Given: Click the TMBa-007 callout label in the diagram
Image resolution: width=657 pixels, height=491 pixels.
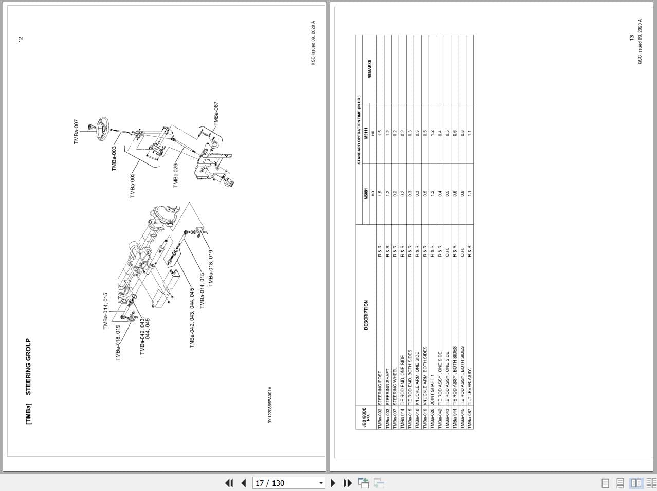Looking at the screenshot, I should [x=76, y=132].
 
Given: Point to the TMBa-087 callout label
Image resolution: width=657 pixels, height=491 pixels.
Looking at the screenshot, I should [x=216, y=114].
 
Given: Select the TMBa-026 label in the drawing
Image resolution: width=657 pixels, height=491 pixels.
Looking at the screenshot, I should [x=175, y=175].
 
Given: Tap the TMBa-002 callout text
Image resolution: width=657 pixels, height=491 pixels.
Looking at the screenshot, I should [x=132, y=186].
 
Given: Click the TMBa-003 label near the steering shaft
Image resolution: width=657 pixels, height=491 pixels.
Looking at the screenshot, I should [x=114, y=158].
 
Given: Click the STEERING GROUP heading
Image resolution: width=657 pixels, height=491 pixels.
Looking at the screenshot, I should [x=28, y=367].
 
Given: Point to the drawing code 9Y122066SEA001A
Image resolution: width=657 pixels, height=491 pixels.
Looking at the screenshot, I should [x=270, y=405].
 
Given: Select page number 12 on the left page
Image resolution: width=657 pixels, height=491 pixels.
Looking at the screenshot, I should [x=21, y=39].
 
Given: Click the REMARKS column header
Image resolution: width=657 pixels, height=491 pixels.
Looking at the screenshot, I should [x=369, y=69].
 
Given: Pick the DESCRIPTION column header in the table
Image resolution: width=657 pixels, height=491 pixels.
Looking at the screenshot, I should [x=366, y=315].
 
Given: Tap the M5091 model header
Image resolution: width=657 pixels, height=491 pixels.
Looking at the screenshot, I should [x=366, y=194].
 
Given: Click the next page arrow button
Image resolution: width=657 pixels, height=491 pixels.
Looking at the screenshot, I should [x=333, y=483].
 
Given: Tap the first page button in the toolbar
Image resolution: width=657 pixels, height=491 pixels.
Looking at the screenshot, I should [x=229, y=483].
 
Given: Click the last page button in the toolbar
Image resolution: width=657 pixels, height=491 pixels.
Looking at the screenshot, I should [x=348, y=483].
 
